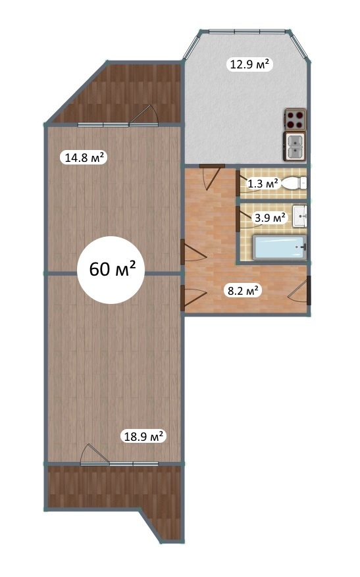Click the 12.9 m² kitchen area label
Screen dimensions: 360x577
[x=249, y=64]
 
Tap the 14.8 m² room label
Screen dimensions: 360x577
[x=84, y=158]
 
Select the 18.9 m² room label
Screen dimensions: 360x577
[x=143, y=437]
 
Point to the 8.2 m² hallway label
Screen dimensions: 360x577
[x=243, y=291]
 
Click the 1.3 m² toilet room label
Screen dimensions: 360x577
[x=263, y=184]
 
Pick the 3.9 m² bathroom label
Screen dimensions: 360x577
[x=270, y=218]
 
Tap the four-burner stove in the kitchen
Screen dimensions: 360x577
[x=296, y=119]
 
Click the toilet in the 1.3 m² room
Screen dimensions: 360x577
[x=294, y=182]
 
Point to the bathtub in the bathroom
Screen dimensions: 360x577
[x=280, y=248]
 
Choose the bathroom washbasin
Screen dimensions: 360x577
[x=299, y=216]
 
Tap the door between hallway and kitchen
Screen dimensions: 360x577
[x=213, y=176]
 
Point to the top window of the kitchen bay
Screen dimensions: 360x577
[x=246, y=32]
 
